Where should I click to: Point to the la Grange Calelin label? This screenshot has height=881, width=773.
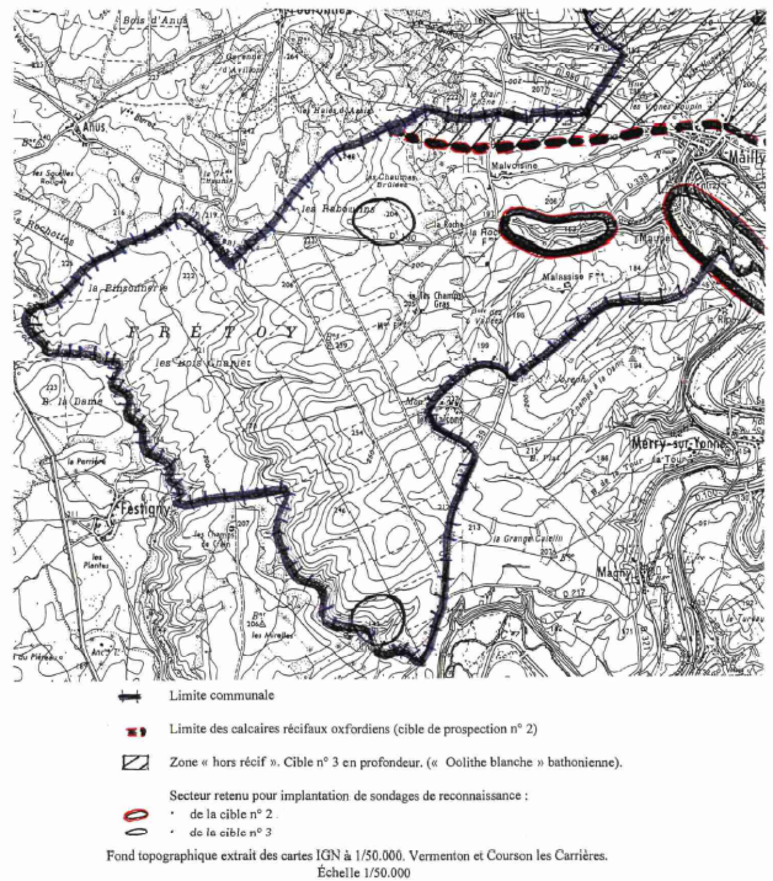tap(527, 539)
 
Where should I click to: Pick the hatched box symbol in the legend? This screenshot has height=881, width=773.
tap(136, 763)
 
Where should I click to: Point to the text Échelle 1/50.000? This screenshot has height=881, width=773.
tap(364, 872)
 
